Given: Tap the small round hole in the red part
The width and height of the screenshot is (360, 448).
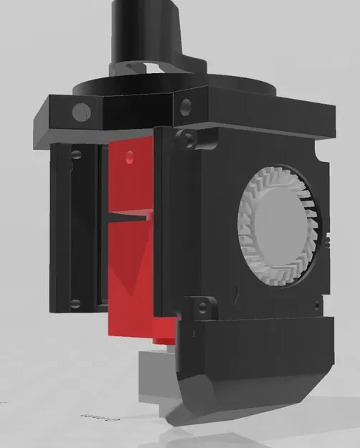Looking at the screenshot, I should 129,156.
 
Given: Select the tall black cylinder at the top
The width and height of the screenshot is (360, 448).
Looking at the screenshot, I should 143,32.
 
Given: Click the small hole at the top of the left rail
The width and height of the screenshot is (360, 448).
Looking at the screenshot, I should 74,154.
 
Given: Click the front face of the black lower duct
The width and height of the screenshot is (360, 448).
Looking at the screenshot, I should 258,358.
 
